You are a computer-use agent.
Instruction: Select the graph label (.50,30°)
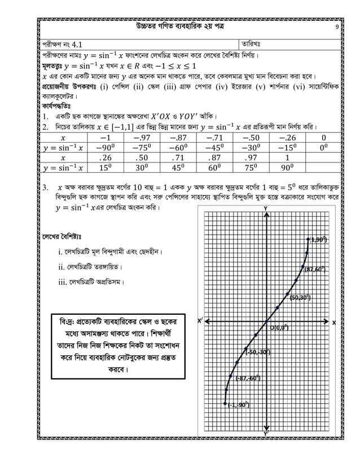click(x=300, y=298)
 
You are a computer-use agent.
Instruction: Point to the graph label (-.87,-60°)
click(x=247, y=378)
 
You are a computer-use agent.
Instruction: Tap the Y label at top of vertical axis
click(x=266, y=209)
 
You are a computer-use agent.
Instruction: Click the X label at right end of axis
click(x=333, y=322)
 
